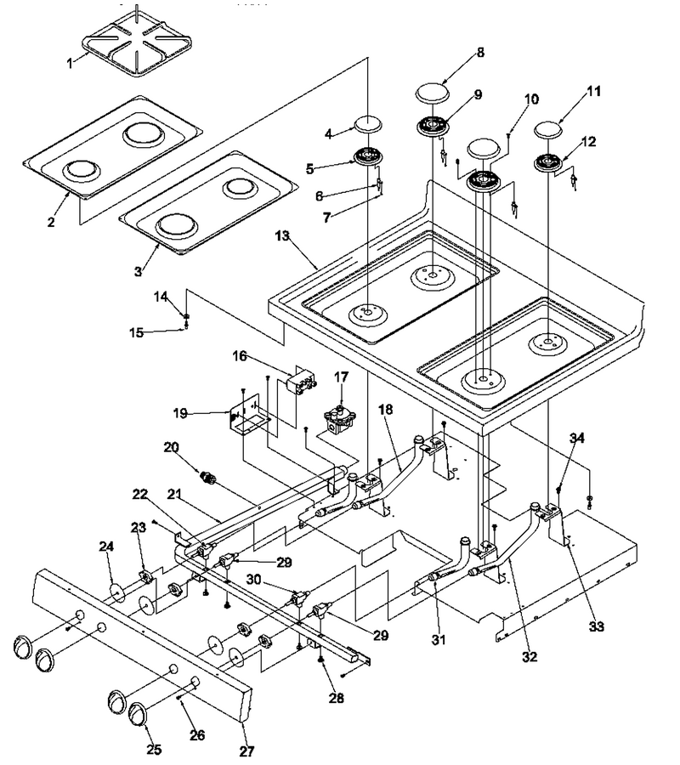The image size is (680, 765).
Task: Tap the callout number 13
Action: tap(282, 235)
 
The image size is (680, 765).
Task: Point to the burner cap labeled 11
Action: tap(549, 130)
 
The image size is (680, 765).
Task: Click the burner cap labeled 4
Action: tap(368, 124)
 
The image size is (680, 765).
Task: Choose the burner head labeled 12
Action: tap(548, 162)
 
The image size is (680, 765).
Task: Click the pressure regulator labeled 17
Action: tap(341, 421)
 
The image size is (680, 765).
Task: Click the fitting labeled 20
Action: tap(209, 477)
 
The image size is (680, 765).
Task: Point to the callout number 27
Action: tap(246, 751)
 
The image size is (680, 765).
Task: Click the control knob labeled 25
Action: tap(140, 717)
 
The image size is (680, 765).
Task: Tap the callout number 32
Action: tap(530, 657)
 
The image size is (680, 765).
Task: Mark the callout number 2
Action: tap(51, 222)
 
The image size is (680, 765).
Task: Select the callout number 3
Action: tap(139, 271)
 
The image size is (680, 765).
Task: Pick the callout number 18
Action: tap(385, 409)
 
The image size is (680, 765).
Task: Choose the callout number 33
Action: tap(597, 626)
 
